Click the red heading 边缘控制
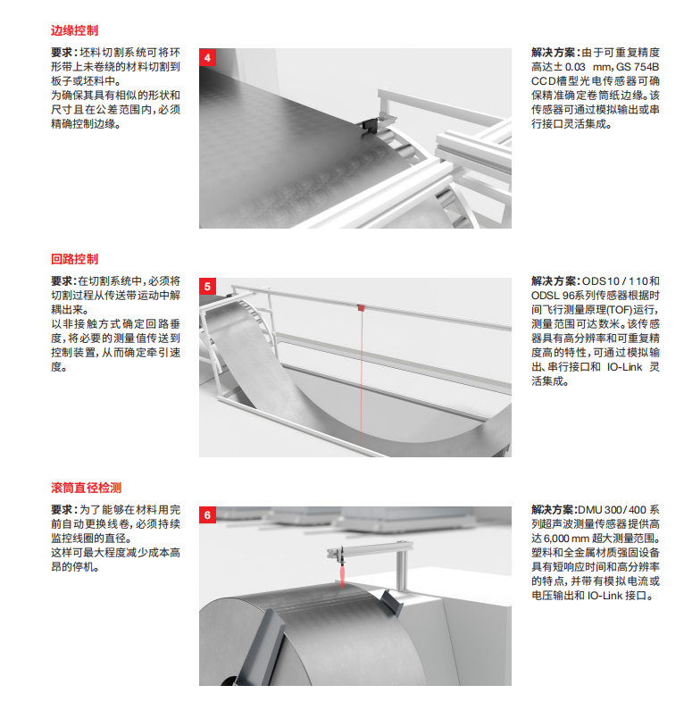tap(74, 30)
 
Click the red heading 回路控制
tap(74, 259)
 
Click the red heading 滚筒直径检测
tap(86, 488)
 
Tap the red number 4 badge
tap(207, 57)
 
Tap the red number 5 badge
tap(207, 286)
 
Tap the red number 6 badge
tap(207, 514)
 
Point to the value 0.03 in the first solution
tap(575, 67)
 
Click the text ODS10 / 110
tap(614, 281)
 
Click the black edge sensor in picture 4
tap(370, 125)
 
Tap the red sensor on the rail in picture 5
tap(361, 307)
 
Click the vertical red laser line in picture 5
tap(362, 375)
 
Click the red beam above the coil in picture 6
tap(343, 573)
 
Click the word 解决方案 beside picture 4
tap(554, 53)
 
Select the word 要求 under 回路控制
tap(62, 281)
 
